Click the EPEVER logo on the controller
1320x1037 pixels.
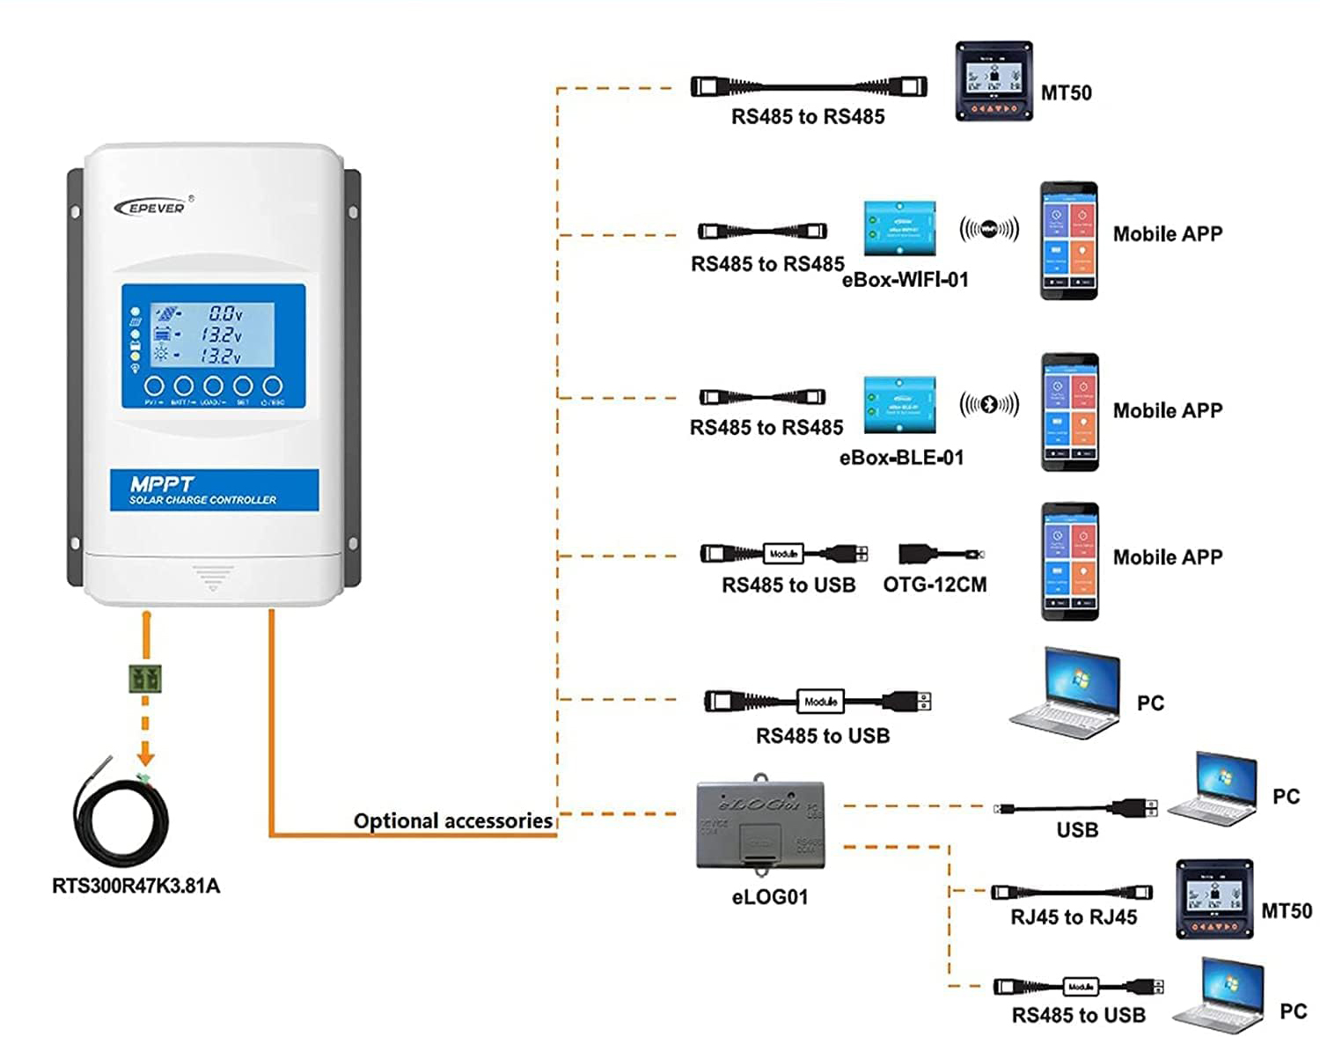150,208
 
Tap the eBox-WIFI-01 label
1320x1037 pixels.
906,280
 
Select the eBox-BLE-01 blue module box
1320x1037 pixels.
899,405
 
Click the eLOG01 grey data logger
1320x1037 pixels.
761,825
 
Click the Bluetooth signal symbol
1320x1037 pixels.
989,404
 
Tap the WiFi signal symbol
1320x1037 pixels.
989,229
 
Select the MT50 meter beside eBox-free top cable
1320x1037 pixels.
994,81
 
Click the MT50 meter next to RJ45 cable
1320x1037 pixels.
1214,899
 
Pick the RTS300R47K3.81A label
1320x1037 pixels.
136,886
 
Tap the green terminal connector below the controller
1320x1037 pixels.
145,679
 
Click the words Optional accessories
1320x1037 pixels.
453,820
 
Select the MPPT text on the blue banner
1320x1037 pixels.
162,484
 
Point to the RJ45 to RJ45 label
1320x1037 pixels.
1074,917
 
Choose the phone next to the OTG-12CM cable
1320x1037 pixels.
1069,561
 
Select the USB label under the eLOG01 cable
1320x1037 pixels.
1077,830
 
